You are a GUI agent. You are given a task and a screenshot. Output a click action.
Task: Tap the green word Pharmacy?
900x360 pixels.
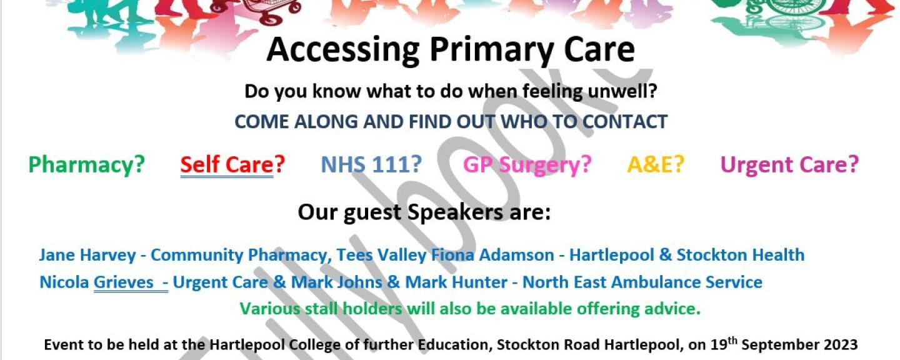(x=86, y=165)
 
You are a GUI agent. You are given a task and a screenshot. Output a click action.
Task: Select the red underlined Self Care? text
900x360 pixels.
(x=232, y=165)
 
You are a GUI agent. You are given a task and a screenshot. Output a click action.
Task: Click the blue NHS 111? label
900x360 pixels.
(x=372, y=164)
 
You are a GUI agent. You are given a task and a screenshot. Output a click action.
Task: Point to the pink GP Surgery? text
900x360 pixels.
(x=527, y=165)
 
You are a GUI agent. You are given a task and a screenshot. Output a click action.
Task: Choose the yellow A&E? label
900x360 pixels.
(x=656, y=164)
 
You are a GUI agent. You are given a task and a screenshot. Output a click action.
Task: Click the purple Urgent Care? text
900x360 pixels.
(x=789, y=165)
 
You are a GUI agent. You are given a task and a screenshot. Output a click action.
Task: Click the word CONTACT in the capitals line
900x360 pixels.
(x=625, y=122)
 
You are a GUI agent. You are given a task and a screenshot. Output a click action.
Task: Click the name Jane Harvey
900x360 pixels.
(x=87, y=255)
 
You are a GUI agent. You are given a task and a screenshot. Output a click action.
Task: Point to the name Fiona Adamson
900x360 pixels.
(x=492, y=255)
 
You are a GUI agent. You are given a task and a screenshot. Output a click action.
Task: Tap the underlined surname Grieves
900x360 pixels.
(x=123, y=282)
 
